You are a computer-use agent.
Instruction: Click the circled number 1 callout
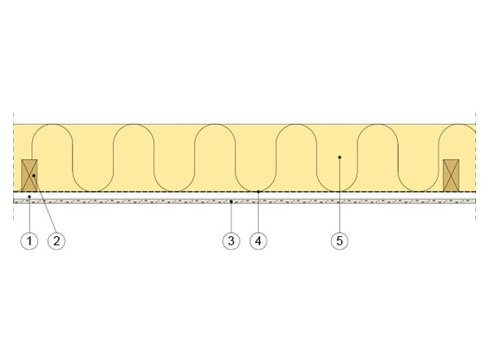point(30,241)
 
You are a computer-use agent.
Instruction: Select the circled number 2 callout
point(57,241)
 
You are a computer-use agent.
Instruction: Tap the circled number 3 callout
point(231,241)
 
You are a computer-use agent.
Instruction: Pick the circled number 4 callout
point(259,241)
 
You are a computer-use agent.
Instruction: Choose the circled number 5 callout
point(340,241)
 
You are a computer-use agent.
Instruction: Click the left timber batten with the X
point(30,175)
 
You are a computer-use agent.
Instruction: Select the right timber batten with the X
point(451,175)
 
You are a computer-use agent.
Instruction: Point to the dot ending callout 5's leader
point(340,157)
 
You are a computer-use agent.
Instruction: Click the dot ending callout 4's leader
point(259,192)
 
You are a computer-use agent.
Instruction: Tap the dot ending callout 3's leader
point(231,202)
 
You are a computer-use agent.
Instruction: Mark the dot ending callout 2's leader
point(33,175)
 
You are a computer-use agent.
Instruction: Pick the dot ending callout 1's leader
point(30,196)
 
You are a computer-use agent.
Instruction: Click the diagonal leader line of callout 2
point(44,204)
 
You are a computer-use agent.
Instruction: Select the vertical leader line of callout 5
point(340,195)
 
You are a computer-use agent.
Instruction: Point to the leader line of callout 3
point(231,217)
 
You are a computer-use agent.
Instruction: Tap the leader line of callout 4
point(259,212)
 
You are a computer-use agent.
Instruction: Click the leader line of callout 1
point(30,214)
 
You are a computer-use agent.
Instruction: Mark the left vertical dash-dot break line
point(14,166)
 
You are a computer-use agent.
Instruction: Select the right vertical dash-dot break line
point(476,166)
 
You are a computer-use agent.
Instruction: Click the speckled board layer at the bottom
point(245,202)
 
